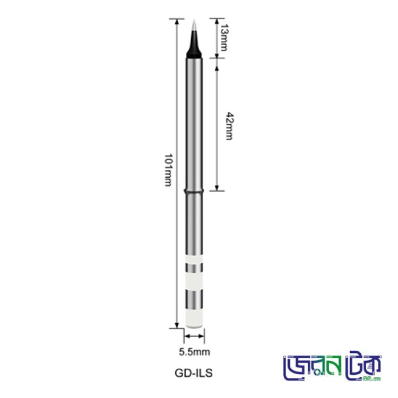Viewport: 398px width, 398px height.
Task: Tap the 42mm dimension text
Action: click(x=229, y=126)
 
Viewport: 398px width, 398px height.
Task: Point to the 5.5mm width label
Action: click(x=194, y=351)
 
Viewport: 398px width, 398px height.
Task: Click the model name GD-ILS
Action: click(x=194, y=373)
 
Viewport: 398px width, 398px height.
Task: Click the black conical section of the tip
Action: click(x=194, y=46)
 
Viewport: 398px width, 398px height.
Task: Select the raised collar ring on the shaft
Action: click(x=194, y=190)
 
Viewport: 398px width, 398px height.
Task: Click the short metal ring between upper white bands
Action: click(x=194, y=267)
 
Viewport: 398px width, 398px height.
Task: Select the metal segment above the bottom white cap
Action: click(x=194, y=300)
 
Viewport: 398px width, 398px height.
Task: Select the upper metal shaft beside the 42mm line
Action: click(x=194, y=122)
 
